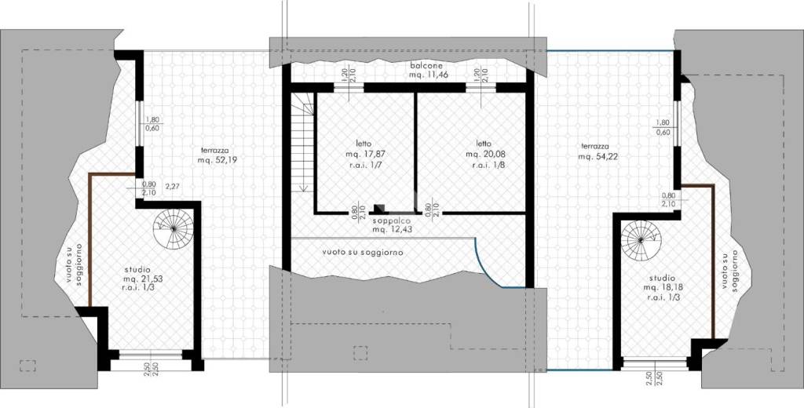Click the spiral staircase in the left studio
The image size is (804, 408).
coord(174,229)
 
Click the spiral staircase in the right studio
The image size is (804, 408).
coord(641,240)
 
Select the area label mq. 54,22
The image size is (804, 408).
coord(598,157)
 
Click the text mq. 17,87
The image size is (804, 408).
coord(365,153)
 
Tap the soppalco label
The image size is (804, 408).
coord(393,221)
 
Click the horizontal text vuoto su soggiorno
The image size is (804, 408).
coord(363,252)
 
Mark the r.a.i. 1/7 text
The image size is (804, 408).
coord(366,165)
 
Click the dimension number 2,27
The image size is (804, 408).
coord(173,187)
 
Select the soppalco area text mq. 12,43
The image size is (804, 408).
coord(393,230)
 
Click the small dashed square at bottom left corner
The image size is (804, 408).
coord(27,366)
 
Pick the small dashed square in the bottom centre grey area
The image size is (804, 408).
coord(360,353)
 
